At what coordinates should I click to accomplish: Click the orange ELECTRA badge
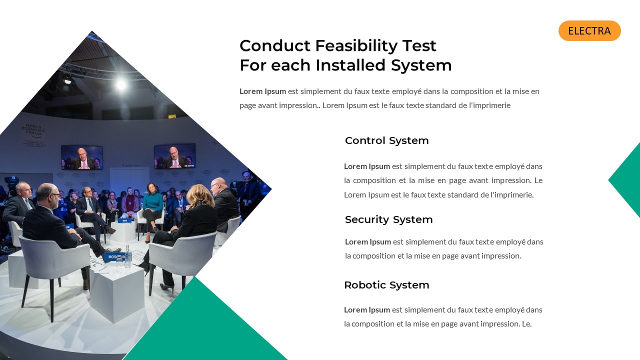[589, 31]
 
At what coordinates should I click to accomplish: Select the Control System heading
[386, 140]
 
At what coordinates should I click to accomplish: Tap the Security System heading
[388, 219]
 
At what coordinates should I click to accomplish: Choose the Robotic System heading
[386, 285]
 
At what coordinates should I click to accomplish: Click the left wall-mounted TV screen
[81, 157]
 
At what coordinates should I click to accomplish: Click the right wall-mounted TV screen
[174, 156]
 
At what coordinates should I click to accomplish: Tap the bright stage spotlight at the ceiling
[121, 85]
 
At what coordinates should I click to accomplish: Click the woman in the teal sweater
[152, 205]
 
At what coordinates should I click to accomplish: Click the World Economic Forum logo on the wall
[33, 132]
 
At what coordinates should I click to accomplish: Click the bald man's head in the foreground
[46, 194]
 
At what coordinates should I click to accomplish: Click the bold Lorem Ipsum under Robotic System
[367, 309]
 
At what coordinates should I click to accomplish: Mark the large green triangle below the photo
[205, 330]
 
